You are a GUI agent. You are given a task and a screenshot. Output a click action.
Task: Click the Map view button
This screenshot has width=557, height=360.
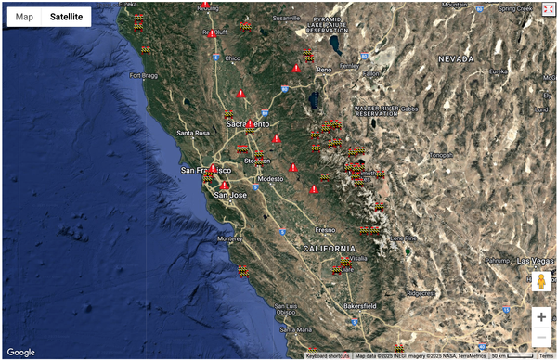point(24,17)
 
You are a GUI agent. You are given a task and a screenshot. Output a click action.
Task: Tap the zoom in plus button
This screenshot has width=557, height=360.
point(541,316)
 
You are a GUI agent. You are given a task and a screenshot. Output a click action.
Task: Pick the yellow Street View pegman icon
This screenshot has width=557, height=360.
point(541,281)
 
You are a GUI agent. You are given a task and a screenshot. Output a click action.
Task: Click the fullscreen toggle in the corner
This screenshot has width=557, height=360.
point(547,9)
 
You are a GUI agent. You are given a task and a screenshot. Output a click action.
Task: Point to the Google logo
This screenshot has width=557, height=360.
point(20,352)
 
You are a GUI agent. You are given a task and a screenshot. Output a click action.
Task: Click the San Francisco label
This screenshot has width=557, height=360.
point(206,171)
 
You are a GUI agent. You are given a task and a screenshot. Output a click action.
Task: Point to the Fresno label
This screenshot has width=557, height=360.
point(325,229)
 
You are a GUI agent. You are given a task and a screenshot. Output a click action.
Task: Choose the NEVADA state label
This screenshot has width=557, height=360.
point(456,58)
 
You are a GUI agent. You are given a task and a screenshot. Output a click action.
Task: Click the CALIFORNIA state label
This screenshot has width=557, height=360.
point(328,249)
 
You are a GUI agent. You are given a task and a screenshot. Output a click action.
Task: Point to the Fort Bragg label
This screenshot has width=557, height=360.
point(146,76)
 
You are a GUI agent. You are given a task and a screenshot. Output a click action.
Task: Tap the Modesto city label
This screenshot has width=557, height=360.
point(270,178)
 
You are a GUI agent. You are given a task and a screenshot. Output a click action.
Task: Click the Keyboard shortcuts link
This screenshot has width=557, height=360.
point(329,355)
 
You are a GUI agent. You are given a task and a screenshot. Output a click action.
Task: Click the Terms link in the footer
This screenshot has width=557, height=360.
point(546,355)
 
